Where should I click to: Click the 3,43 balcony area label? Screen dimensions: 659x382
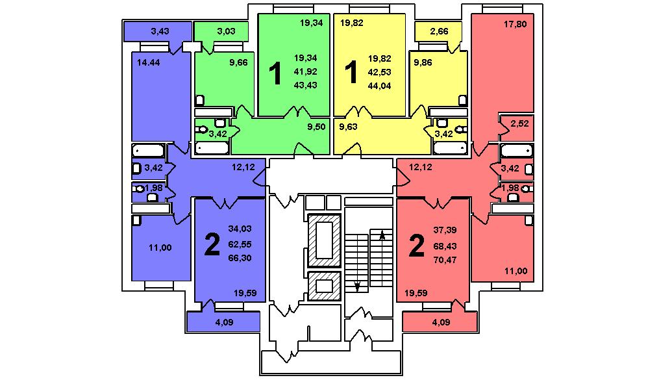point(160,31)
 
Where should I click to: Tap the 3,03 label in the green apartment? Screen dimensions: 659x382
point(226,31)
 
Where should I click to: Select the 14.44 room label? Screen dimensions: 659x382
point(149,62)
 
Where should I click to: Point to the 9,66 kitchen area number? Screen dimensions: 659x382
point(238,62)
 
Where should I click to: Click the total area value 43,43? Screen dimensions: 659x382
point(306,85)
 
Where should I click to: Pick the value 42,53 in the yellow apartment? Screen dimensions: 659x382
point(380,72)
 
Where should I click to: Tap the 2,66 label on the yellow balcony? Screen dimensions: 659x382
point(439,31)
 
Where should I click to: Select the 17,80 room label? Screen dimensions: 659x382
point(516,25)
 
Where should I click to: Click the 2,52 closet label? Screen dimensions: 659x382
point(519,123)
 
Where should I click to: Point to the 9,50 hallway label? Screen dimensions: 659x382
point(316,127)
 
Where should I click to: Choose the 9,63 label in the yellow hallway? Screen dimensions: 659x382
point(348,127)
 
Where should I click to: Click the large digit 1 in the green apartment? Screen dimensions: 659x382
point(275,73)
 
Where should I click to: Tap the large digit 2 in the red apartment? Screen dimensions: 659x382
point(416,246)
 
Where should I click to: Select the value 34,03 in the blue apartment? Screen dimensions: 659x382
point(240,229)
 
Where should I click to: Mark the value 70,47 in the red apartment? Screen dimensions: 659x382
point(445,260)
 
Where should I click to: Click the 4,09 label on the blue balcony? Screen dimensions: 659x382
point(224,322)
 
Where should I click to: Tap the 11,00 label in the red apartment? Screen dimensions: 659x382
point(516,271)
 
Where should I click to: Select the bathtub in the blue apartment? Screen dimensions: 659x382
point(149,150)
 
